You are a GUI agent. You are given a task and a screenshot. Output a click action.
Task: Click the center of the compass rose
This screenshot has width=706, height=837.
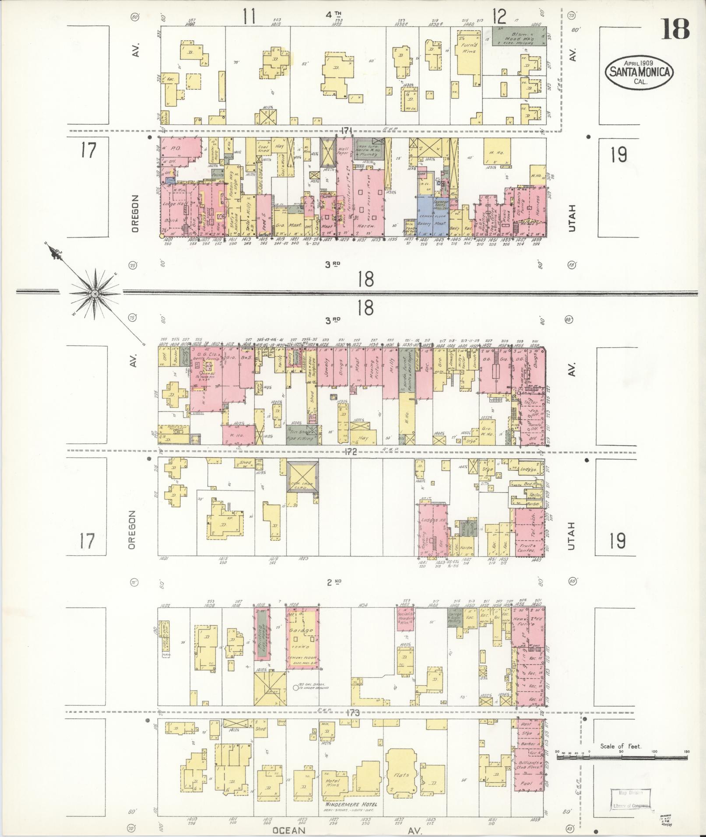tap(95, 292)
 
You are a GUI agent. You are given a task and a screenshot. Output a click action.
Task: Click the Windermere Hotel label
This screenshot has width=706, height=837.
tap(351, 805)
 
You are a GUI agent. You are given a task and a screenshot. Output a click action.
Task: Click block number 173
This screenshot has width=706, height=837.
tap(352, 712)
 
